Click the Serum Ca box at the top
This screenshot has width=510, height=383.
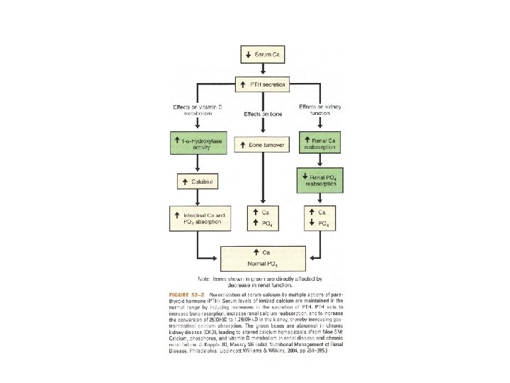pyautogui.click(x=263, y=54)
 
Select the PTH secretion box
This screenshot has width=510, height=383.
pyautogui.click(x=263, y=84)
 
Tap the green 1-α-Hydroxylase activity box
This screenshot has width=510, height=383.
pyautogui.click(x=195, y=144)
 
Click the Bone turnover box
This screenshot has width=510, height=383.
pyautogui.click(x=263, y=145)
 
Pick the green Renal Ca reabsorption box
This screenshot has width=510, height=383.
pyautogui.click(x=325, y=144)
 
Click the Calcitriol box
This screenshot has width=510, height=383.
pyautogui.click(x=195, y=182)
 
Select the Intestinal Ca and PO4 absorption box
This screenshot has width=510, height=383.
pyautogui.click(x=195, y=218)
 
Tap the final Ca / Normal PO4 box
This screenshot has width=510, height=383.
pyautogui.click(x=263, y=257)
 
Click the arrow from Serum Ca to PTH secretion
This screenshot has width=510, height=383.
pyautogui.click(x=263, y=70)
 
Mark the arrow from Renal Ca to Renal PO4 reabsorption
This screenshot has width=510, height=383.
pyautogui.click(x=325, y=161)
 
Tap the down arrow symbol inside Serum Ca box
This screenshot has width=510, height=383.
pyautogui.click(x=248, y=54)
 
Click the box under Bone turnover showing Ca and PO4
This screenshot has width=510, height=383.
pyautogui.click(x=263, y=218)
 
